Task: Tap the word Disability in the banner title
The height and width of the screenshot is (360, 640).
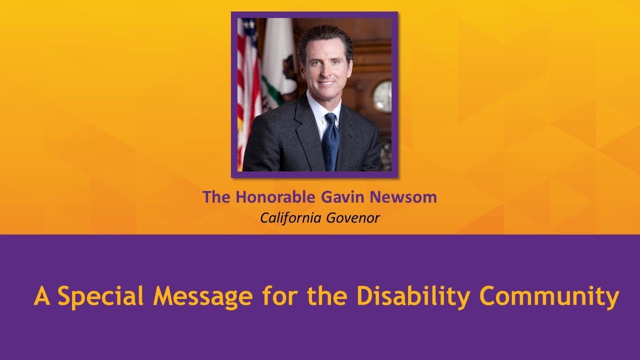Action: click(x=413, y=296)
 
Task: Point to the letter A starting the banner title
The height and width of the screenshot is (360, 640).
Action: click(x=42, y=296)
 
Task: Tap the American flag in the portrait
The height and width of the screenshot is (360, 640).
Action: click(x=248, y=85)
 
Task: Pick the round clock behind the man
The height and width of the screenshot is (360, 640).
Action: click(x=383, y=95)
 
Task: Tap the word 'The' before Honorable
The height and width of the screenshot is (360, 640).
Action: click(x=216, y=197)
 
